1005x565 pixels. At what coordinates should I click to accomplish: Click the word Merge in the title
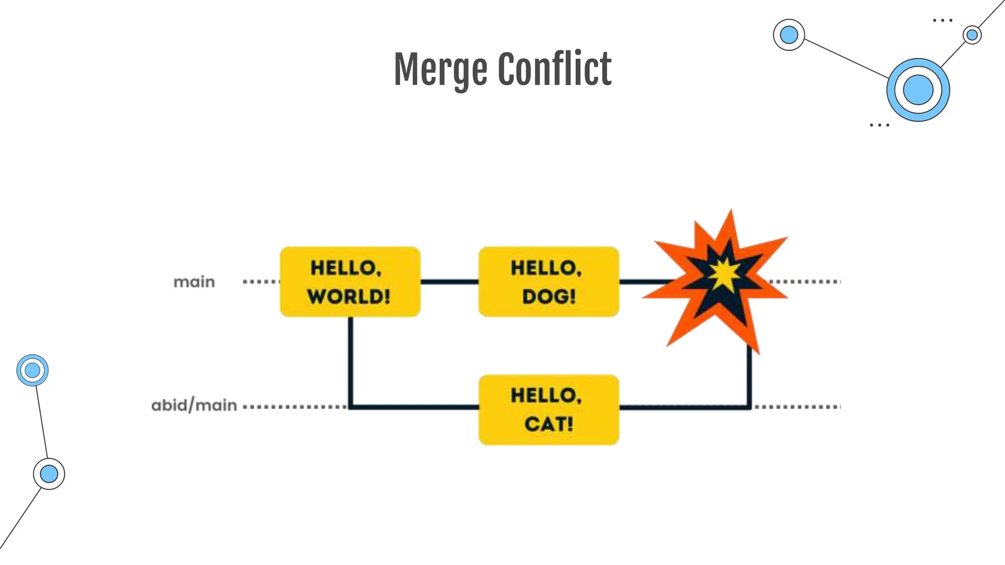tap(441, 70)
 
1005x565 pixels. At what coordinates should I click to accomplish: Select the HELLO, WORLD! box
tap(350, 282)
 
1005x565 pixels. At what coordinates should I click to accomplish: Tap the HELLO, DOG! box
tap(549, 282)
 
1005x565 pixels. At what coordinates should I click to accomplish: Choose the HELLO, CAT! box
tap(549, 410)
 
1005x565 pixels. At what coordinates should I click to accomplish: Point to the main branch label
tap(194, 282)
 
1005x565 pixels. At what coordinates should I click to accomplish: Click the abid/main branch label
tap(194, 406)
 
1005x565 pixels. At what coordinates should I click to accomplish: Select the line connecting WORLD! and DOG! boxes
tap(450, 282)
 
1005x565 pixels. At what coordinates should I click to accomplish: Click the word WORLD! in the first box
tap(349, 296)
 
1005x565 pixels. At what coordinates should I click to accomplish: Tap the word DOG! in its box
tap(549, 296)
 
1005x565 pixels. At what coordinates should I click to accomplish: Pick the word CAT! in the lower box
tap(549, 424)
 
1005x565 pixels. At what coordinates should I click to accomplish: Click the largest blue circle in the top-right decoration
tap(918, 90)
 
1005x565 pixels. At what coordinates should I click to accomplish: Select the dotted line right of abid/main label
tap(294, 407)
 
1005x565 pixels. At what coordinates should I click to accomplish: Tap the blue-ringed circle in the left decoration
tap(32, 370)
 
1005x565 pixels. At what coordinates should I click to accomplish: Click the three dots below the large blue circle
tap(879, 125)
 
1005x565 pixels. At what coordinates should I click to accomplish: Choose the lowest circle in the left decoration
tap(49, 474)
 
